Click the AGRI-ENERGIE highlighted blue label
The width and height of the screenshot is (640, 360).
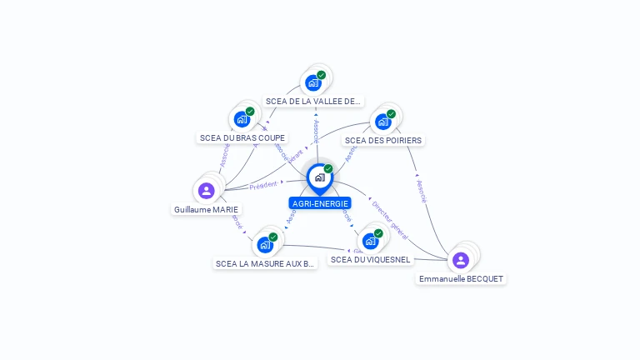click(320, 203)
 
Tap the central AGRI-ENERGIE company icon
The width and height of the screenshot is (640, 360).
click(319, 177)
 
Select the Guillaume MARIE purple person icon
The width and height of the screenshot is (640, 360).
click(207, 191)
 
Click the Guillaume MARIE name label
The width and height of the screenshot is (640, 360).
click(206, 210)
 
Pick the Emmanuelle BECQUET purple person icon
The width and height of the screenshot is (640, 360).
click(461, 260)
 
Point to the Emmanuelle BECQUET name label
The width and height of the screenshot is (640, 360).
click(461, 279)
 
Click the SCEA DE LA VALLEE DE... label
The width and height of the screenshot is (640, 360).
click(313, 102)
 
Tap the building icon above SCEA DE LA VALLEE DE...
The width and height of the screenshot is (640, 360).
click(313, 82)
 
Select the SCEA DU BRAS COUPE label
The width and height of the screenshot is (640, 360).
click(242, 138)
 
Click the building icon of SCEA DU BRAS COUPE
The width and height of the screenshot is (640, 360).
click(242, 119)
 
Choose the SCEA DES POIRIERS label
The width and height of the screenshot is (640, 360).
click(383, 141)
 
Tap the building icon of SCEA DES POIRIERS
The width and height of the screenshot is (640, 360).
click(382, 122)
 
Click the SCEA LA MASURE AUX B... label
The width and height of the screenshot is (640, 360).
click(265, 264)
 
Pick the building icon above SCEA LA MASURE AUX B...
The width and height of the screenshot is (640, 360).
click(265, 245)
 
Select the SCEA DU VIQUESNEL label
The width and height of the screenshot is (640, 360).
click(370, 260)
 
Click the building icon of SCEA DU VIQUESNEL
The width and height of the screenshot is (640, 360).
click(370, 242)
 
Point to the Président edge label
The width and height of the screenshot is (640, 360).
click(263, 184)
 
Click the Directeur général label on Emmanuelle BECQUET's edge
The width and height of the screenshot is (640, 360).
click(389, 216)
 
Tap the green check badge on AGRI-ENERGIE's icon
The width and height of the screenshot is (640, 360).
click(328, 169)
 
